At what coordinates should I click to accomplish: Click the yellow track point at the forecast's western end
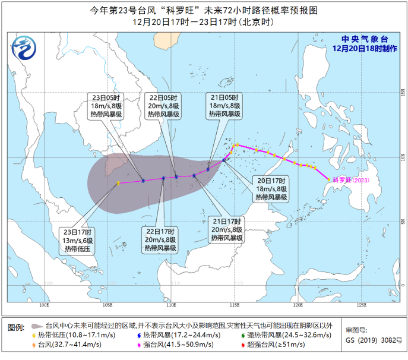(x=118, y=183)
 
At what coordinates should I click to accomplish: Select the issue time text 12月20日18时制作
(x=364, y=48)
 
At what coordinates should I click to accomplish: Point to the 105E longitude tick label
(x=107, y=305)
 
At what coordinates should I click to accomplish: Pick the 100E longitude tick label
(x=43, y=305)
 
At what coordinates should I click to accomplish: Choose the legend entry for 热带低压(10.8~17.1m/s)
(x=72, y=335)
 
